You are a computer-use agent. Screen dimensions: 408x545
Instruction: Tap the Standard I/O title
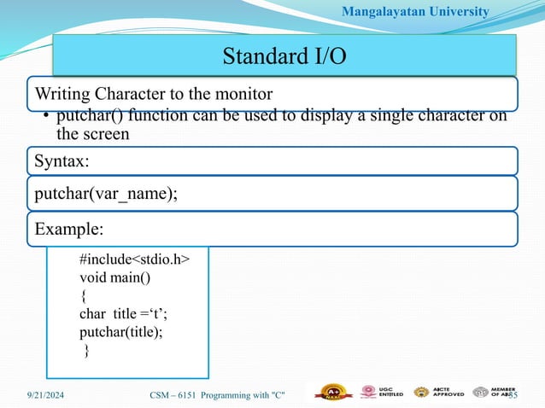(284, 57)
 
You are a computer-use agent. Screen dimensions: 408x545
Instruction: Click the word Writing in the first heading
(61, 92)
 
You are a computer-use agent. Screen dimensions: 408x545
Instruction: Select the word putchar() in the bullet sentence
(87, 117)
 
